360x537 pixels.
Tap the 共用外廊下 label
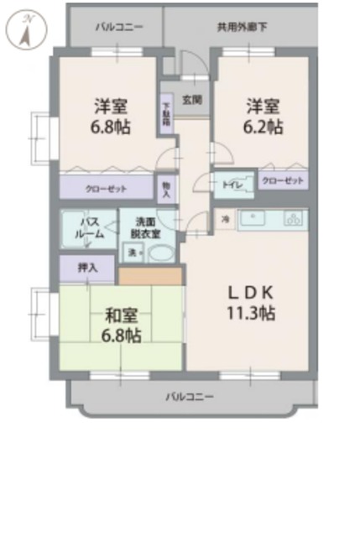(x=242, y=27)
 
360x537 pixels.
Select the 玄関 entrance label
(x=191, y=99)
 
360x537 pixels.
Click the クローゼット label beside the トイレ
(x=282, y=180)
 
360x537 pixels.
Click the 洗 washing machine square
(x=132, y=253)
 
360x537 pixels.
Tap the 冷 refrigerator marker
(x=225, y=219)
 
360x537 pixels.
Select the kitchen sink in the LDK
(x=252, y=220)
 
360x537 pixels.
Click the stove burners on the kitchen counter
(x=292, y=220)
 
